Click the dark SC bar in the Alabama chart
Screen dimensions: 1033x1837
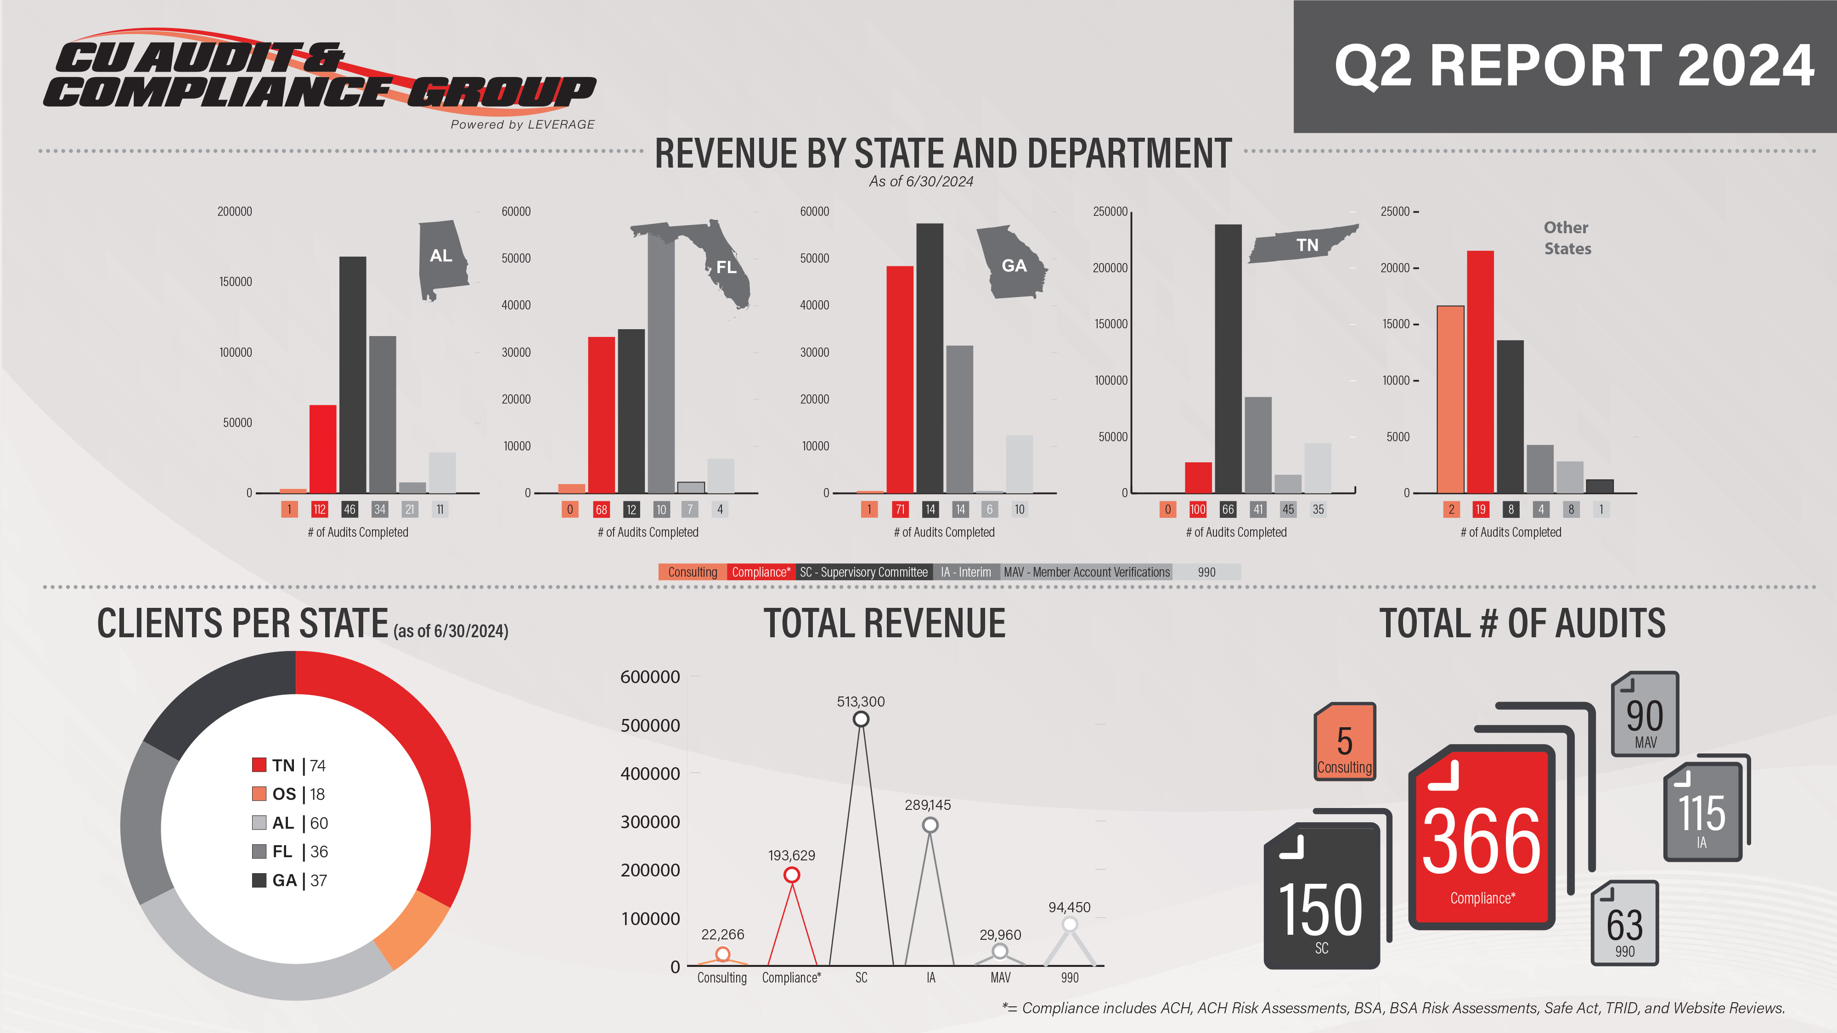pyautogui.click(x=352, y=374)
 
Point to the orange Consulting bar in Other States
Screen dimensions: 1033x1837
pyautogui.click(x=1450, y=399)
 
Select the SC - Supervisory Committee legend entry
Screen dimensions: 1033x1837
pyautogui.click(x=863, y=572)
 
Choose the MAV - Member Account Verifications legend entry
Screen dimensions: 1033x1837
pyautogui.click(x=1086, y=572)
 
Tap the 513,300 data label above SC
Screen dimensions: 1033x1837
pyautogui.click(x=861, y=702)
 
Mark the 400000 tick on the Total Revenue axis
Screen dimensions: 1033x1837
pyautogui.click(x=650, y=774)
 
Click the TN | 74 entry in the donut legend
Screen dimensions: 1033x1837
pyautogui.click(x=289, y=765)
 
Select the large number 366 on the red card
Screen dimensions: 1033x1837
pyautogui.click(x=1481, y=841)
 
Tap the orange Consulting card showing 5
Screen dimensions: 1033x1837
pyautogui.click(x=1344, y=742)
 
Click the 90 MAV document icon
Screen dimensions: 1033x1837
pyautogui.click(x=1645, y=715)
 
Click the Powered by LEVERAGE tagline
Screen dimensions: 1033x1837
pyautogui.click(x=522, y=124)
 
